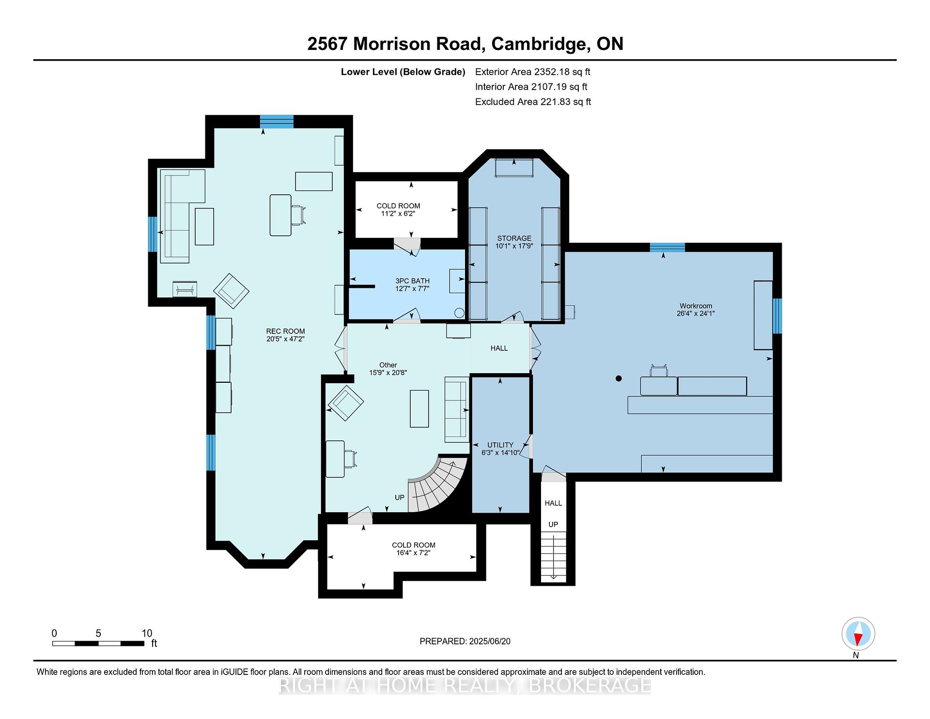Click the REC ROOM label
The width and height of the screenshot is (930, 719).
pyautogui.click(x=285, y=331)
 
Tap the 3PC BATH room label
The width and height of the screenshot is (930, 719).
pyautogui.click(x=412, y=281)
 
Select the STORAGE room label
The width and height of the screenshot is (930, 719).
pyautogui.click(x=514, y=238)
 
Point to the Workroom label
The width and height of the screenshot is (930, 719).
pyautogui.click(x=696, y=306)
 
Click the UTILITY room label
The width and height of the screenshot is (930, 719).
pyautogui.click(x=500, y=445)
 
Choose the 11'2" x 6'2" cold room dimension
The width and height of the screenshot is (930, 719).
pyautogui.click(x=398, y=214)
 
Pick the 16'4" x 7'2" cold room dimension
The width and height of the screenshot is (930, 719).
pyautogui.click(x=413, y=552)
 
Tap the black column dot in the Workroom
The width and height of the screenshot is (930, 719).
pyautogui.click(x=619, y=378)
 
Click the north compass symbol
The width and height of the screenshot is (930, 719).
pyautogui.click(x=858, y=634)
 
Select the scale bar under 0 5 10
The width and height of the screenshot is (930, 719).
pyautogui.click(x=98, y=643)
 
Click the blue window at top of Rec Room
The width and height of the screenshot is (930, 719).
pyautogui.click(x=277, y=121)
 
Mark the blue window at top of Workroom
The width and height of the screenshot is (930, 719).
pyautogui.click(x=667, y=247)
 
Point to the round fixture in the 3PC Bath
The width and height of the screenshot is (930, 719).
pyautogui.click(x=459, y=313)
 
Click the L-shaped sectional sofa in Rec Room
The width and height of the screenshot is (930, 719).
pyautogui.click(x=183, y=216)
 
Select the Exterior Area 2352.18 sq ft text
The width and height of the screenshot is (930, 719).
pyautogui.click(x=533, y=72)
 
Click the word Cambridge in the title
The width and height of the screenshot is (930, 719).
pyautogui.click(x=540, y=44)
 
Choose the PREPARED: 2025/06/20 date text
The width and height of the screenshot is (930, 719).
pyautogui.click(x=465, y=641)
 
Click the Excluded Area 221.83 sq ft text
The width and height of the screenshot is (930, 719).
pyautogui.click(x=533, y=102)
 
